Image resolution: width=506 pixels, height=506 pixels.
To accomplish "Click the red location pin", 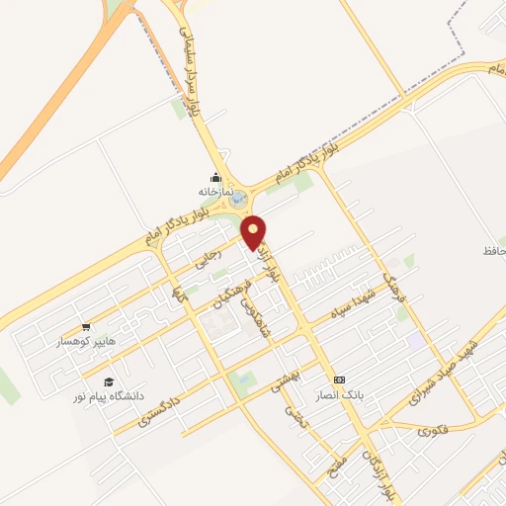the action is pyautogui.click(x=254, y=231).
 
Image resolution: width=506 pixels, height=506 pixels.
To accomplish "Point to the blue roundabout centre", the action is pyautogui.click(x=239, y=201).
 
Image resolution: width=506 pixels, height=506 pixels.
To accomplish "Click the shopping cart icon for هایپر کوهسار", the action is pyautogui.click(x=86, y=327).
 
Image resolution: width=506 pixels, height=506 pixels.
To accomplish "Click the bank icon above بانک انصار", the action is pyautogui.click(x=340, y=379).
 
